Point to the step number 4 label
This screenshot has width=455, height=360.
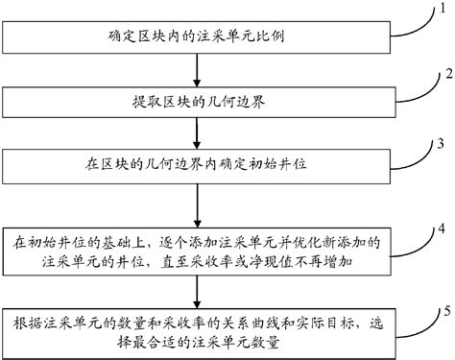pyautogui.click(x=441, y=229)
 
